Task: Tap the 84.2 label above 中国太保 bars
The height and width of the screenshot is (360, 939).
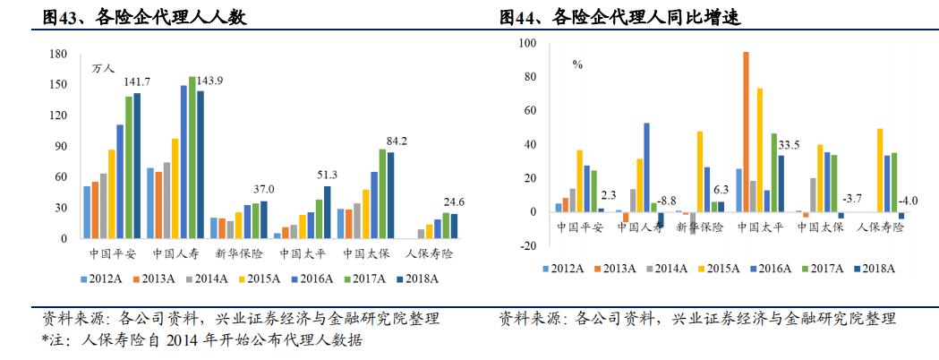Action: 397,141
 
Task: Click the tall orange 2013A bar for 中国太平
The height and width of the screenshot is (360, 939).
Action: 746,130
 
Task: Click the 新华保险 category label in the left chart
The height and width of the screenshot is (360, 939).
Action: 240,253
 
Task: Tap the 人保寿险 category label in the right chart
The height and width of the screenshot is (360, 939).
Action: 881,227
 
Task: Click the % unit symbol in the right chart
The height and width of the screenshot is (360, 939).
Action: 578,64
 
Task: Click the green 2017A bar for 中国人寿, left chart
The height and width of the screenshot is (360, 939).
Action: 192,158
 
